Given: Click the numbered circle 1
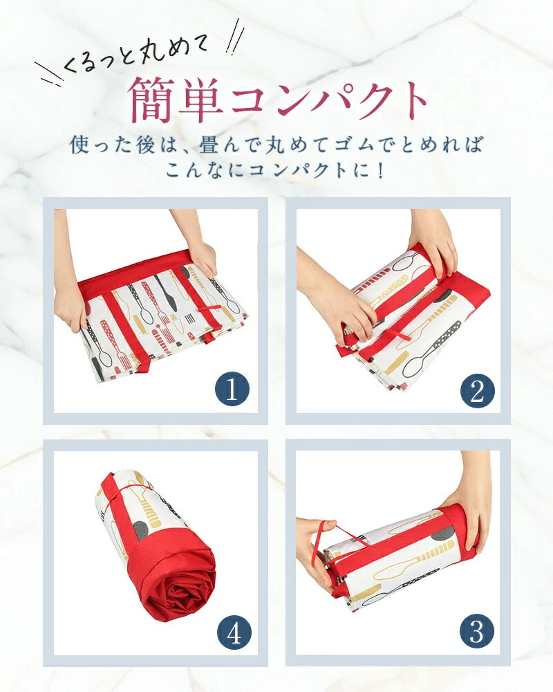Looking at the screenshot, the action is tap(232, 390).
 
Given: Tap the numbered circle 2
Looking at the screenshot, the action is tap(477, 391).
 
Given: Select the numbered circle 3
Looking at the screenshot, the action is tap(477, 630).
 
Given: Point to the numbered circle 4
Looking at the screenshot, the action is tap(234, 633).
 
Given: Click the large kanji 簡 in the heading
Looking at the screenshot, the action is tap(152, 100).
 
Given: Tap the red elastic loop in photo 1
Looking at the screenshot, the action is tap(209, 309).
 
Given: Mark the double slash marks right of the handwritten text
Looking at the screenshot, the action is tap(235, 37).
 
